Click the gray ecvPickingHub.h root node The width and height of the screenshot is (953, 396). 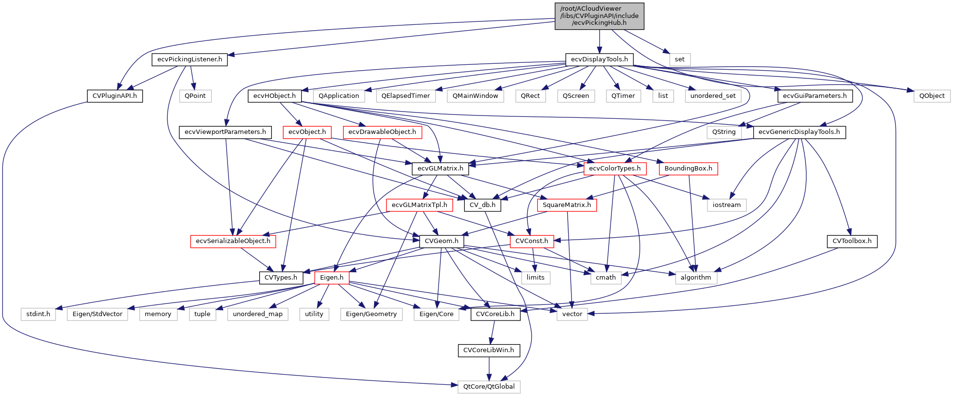(599, 16)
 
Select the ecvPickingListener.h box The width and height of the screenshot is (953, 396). (190, 59)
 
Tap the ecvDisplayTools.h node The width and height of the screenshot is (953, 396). (599, 59)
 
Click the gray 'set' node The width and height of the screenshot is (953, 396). (680, 59)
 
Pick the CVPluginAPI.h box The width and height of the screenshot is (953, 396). (114, 96)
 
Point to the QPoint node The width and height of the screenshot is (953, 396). (195, 96)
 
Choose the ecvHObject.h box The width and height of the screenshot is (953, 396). (274, 96)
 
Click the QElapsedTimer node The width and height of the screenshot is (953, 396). (405, 96)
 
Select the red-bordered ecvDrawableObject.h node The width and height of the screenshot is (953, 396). (382, 132)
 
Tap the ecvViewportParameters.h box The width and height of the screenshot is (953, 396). (225, 132)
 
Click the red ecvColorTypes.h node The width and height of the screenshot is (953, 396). (615, 169)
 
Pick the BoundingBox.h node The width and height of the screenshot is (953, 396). (688, 169)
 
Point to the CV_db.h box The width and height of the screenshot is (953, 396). (482, 205)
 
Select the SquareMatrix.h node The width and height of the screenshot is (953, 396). (567, 205)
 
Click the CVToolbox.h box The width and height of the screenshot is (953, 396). (852, 241)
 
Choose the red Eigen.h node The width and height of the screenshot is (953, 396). (332, 278)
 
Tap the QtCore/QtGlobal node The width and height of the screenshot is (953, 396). (489, 387)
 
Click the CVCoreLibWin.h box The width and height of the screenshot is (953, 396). (489, 350)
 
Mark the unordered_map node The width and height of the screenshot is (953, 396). (258, 314)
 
